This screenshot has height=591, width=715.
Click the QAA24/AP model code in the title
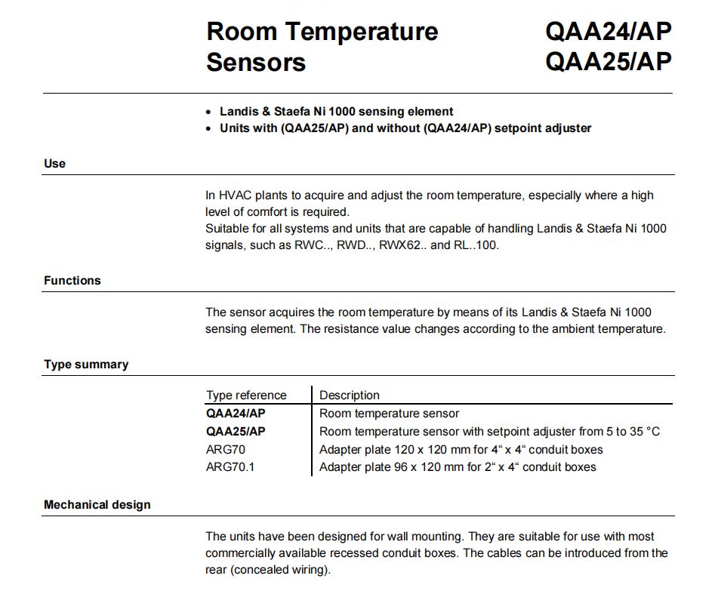click(608, 32)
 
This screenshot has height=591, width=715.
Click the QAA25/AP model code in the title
click(608, 61)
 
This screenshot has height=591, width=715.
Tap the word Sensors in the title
click(256, 62)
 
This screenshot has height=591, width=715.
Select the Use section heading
click(54, 163)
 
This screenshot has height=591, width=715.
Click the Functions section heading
click(72, 280)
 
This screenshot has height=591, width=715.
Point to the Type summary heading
click(86, 364)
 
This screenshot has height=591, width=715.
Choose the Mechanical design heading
click(97, 504)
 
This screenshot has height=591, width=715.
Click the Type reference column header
click(246, 395)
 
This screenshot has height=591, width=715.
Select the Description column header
click(349, 395)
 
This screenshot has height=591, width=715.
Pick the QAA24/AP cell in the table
click(236, 414)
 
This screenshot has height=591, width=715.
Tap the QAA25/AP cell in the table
click(236, 432)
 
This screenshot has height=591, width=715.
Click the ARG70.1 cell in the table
click(230, 467)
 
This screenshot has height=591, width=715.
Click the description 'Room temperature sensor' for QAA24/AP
click(389, 414)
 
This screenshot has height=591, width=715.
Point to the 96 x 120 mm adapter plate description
click(458, 467)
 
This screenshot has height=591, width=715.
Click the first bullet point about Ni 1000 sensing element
click(336, 111)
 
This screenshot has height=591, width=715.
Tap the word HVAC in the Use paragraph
click(233, 195)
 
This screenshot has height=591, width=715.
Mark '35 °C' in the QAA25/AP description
click(643, 432)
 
